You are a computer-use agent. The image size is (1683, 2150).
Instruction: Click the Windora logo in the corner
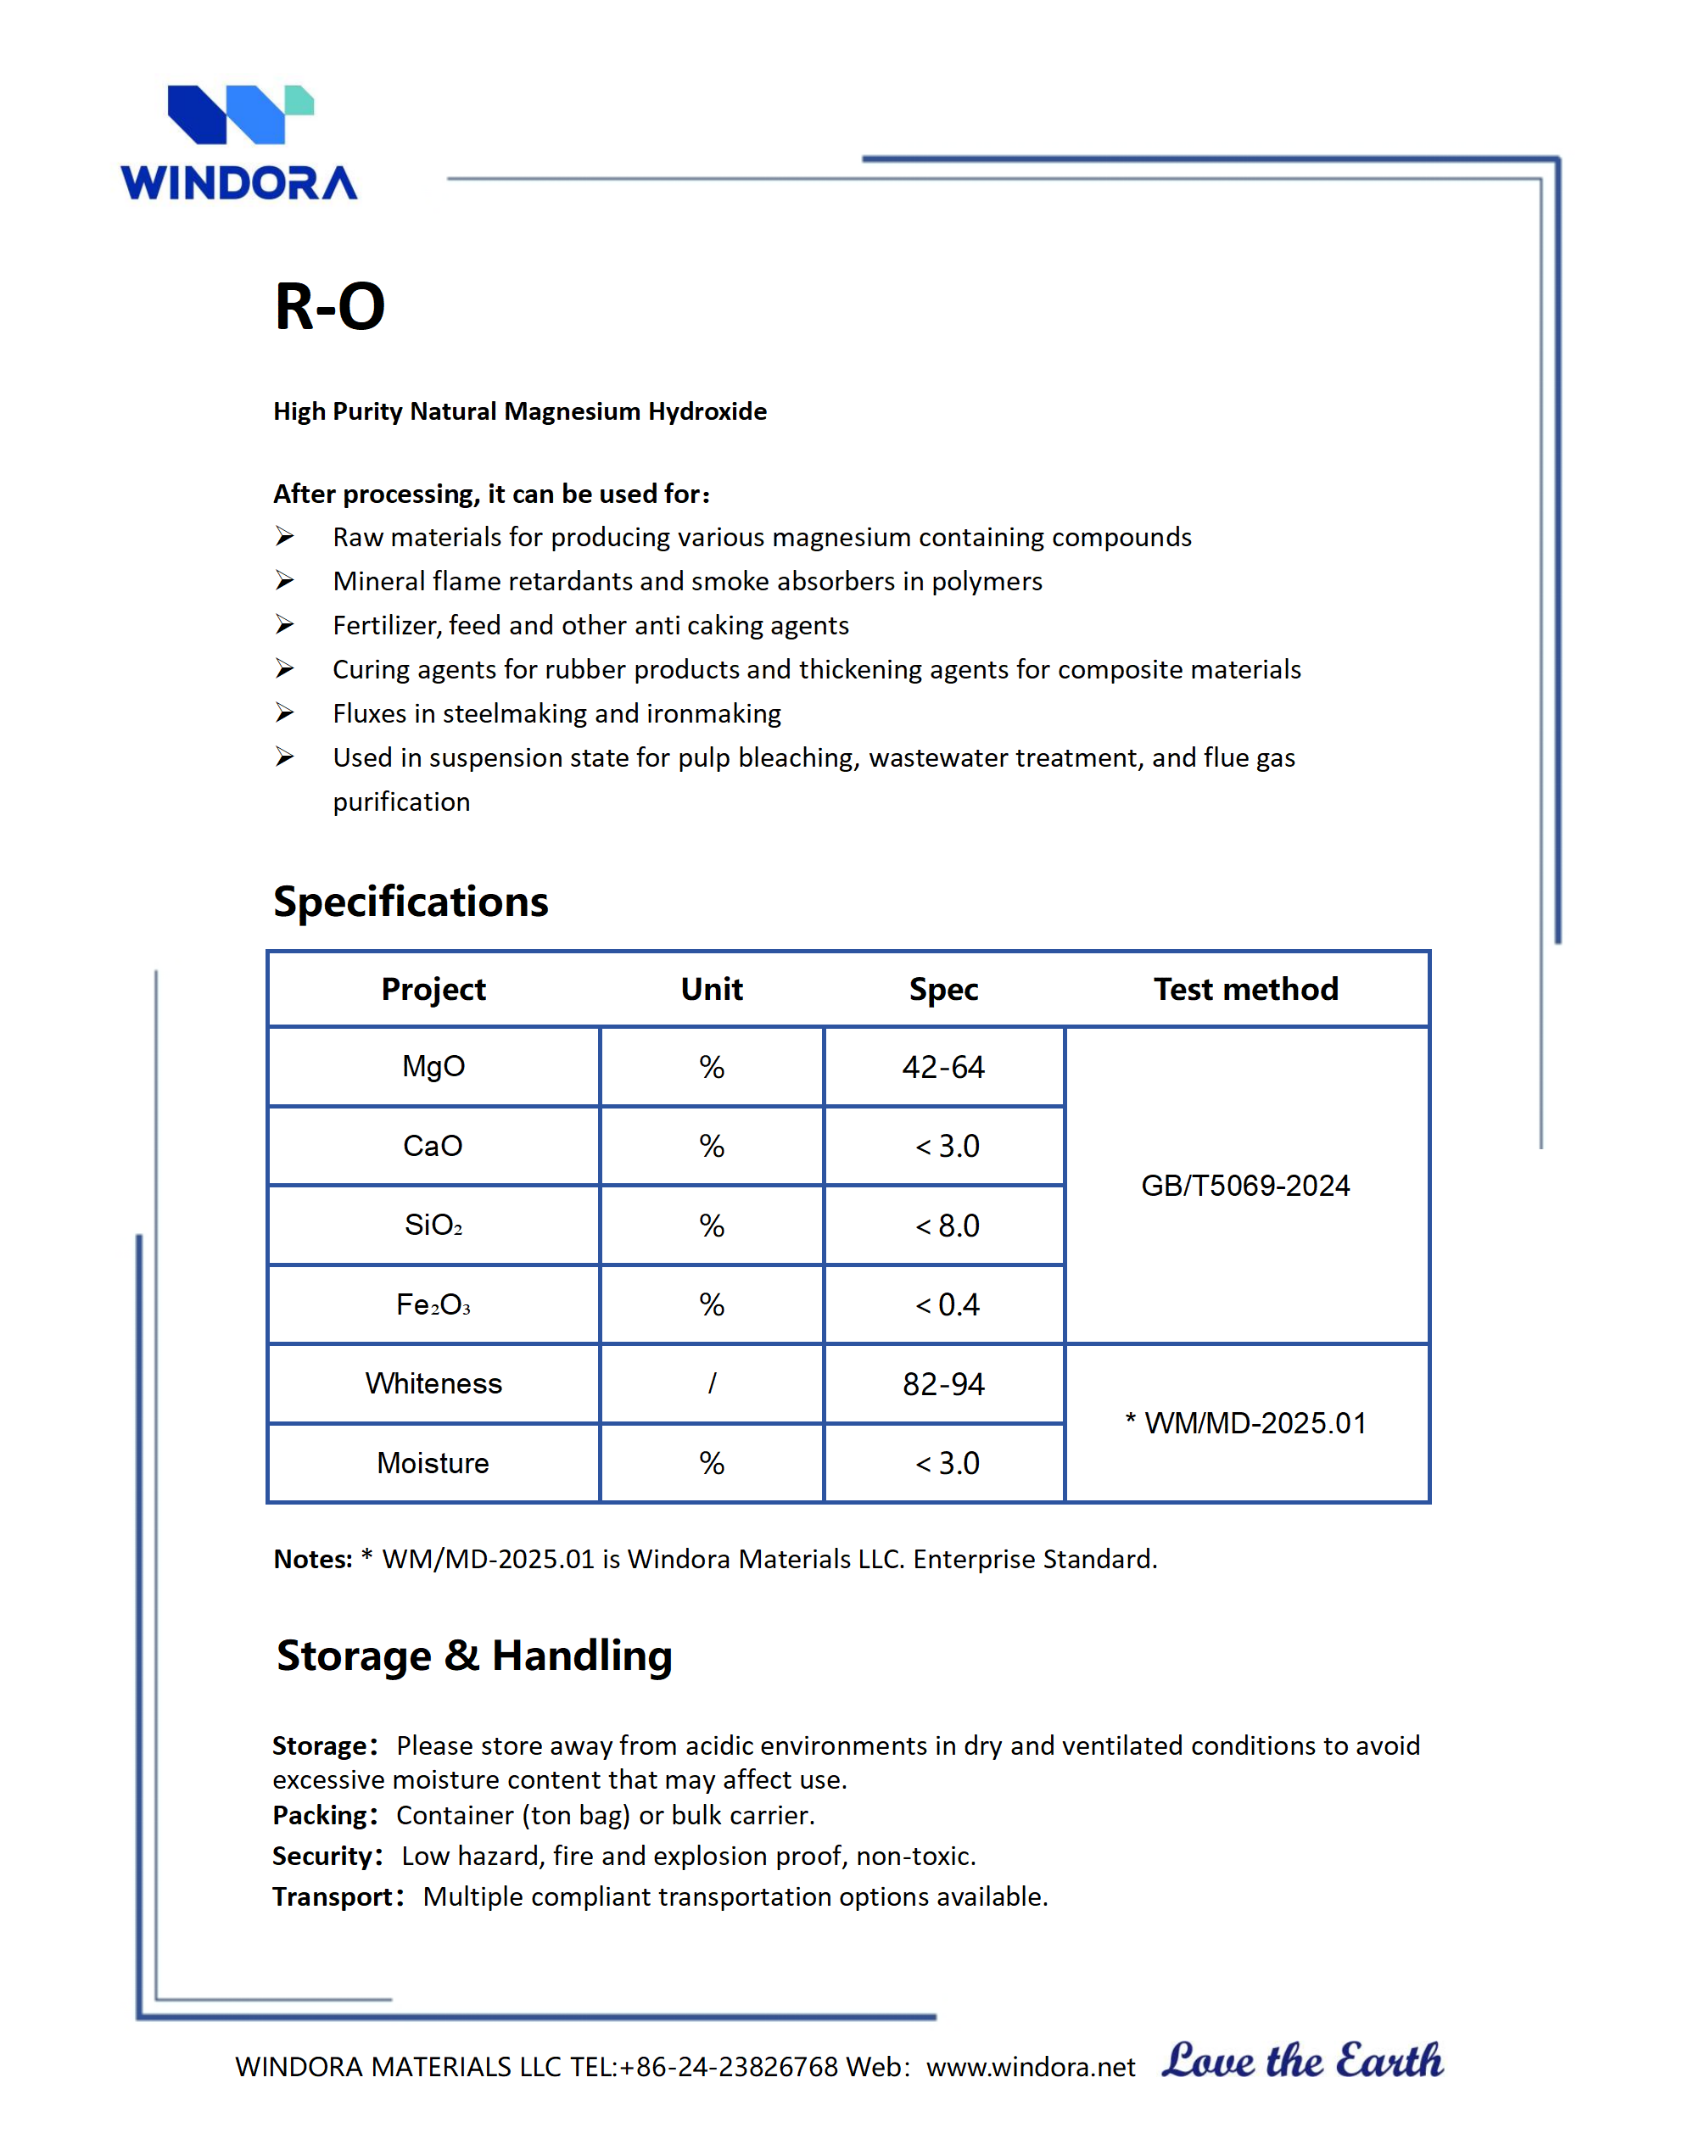(x=238, y=142)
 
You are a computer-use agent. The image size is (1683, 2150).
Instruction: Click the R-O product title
(x=329, y=306)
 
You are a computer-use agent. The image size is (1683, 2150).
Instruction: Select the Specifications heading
(x=410, y=902)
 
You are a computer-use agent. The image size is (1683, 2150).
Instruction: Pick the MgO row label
(x=433, y=1066)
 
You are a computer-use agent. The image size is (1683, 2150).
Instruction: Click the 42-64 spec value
(x=943, y=1067)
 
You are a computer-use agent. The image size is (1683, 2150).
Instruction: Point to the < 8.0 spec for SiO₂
(x=947, y=1226)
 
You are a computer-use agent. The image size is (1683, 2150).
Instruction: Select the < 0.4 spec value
(x=947, y=1304)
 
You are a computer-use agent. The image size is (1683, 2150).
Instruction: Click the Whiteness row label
(x=433, y=1383)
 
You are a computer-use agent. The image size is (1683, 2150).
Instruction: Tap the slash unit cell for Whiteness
(x=712, y=1383)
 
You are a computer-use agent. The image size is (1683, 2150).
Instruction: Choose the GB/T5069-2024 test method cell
(x=1245, y=1186)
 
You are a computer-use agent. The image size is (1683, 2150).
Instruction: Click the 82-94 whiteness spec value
(x=943, y=1384)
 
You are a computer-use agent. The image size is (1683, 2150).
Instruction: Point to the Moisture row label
(x=433, y=1463)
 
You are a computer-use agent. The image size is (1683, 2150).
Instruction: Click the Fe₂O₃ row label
(x=433, y=1304)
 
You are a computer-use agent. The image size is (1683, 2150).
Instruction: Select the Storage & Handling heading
(x=474, y=1656)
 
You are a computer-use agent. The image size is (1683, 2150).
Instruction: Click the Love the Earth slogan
(x=1303, y=2061)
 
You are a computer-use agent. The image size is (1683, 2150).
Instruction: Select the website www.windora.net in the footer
(x=1031, y=2067)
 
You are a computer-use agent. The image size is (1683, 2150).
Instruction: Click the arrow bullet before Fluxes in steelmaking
(x=285, y=712)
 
